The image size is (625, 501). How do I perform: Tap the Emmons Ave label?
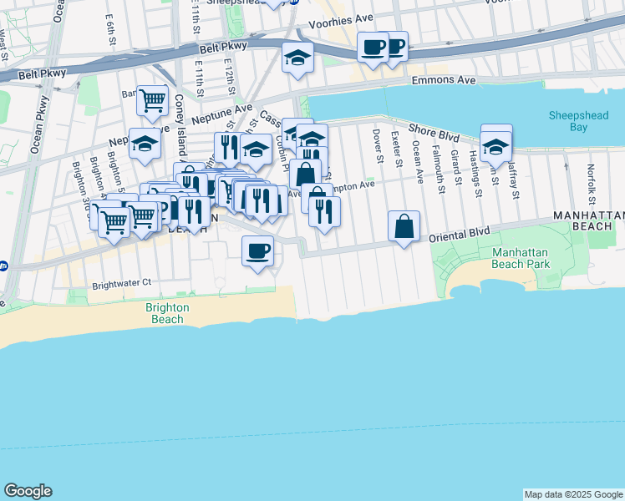tap(444, 80)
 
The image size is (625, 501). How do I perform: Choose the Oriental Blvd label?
tap(458, 237)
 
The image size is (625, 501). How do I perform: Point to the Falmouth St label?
tap(436, 162)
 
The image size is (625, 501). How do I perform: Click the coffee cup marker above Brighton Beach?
tap(258, 250)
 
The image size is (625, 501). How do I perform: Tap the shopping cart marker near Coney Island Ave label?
tap(152, 101)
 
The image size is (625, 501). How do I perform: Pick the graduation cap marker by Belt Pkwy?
tap(297, 58)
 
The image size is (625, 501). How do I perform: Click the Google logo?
tap(28, 491)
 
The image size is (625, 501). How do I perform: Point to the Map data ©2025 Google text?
tap(573, 494)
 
